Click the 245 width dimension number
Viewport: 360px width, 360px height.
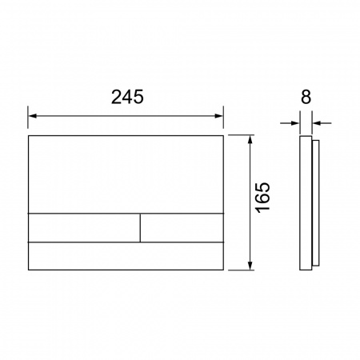(x=127, y=97)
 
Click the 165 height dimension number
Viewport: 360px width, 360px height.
(x=262, y=198)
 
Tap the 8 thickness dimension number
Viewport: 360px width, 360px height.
(x=306, y=97)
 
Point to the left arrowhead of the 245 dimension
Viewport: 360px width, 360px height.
(x=32, y=116)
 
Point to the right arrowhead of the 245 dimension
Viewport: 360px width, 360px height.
(x=219, y=116)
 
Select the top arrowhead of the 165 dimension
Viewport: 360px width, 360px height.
(x=250, y=139)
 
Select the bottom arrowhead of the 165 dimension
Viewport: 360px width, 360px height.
(x=250, y=266)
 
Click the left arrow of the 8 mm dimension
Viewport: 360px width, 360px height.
(x=290, y=123)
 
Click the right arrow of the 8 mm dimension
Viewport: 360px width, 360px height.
(x=322, y=123)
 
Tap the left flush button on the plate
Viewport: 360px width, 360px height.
(x=84, y=228)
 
